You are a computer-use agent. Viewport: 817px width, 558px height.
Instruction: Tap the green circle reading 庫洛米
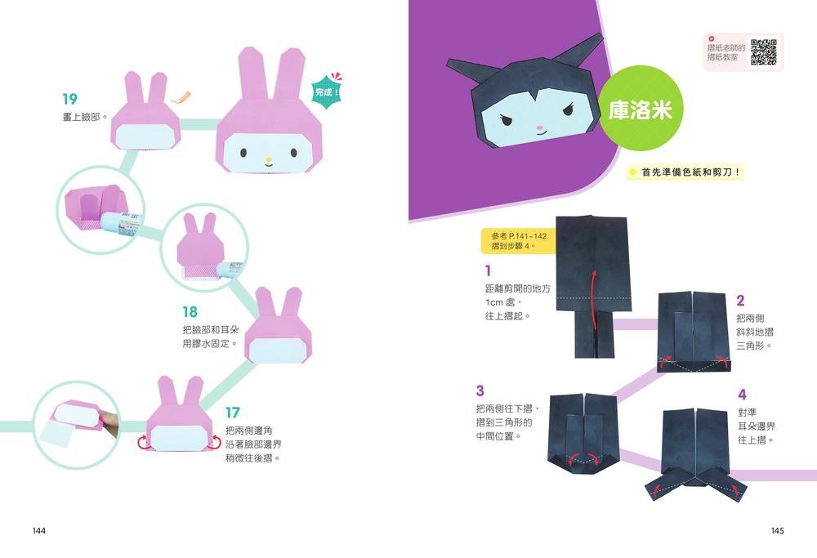(x=641, y=110)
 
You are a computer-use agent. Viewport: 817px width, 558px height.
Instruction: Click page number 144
(x=39, y=530)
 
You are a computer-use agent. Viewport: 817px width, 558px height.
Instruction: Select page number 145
(x=777, y=530)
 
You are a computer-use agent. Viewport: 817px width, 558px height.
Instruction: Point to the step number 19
(x=69, y=99)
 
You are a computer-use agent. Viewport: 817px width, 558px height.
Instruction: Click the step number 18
(x=190, y=312)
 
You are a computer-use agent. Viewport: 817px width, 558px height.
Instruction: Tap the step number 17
(x=232, y=413)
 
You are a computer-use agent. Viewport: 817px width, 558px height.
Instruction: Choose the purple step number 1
(x=488, y=270)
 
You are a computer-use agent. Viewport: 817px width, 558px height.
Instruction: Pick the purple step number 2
(x=740, y=301)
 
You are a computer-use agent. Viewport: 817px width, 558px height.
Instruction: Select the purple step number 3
(x=480, y=391)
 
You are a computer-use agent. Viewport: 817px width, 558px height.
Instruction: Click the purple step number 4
(x=742, y=395)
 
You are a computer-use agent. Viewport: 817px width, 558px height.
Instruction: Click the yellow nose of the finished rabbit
(x=269, y=160)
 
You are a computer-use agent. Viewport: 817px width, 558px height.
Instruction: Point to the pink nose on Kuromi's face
(x=538, y=128)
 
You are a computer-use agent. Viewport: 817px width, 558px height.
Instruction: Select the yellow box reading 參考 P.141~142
(x=515, y=241)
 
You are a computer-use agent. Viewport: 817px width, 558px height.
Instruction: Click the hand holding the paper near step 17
(x=109, y=422)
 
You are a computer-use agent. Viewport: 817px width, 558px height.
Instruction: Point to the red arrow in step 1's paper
(x=593, y=297)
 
